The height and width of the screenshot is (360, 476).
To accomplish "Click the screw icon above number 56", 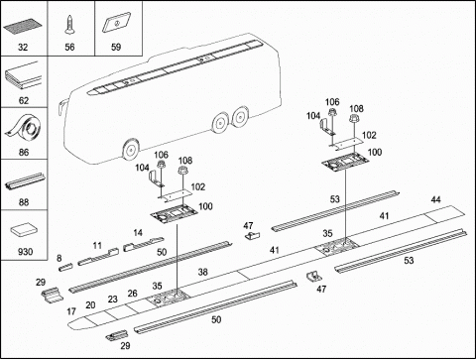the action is (69, 25).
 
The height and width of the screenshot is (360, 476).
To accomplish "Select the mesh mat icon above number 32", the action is (23, 27).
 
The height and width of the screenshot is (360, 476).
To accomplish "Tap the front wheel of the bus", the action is (131, 150).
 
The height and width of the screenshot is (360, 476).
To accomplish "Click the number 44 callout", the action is (435, 199).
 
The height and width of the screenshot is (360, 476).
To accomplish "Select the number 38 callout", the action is (202, 272).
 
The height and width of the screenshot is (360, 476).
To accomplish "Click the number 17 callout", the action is (71, 311).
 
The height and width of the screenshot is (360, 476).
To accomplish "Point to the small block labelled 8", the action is (65, 267).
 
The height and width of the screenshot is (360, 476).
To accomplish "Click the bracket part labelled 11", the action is (98, 257).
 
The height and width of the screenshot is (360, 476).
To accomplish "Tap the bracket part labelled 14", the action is (143, 244).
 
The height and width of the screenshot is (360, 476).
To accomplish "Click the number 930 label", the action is (25, 252).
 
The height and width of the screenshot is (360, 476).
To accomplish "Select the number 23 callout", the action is (112, 299).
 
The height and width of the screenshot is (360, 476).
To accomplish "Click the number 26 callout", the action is (132, 294).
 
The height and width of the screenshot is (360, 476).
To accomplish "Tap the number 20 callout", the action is (90, 305).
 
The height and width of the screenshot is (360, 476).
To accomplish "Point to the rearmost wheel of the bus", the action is (240, 116).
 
